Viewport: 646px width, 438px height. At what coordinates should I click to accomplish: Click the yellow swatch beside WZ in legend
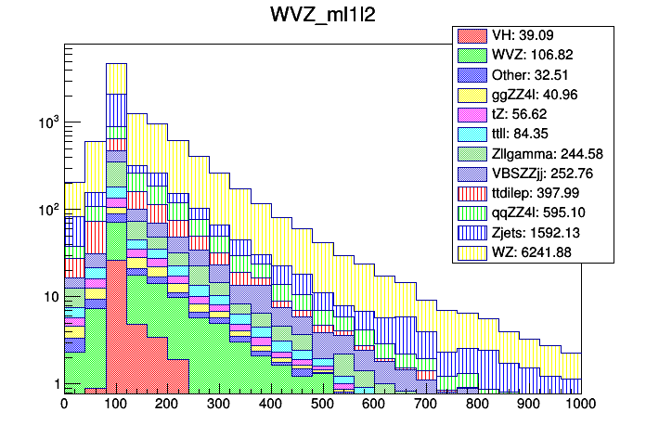click(x=472, y=251)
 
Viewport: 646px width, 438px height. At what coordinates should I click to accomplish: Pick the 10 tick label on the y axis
click(x=48, y=297)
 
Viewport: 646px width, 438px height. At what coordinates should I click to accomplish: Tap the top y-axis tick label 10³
click(x=46, y=122)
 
